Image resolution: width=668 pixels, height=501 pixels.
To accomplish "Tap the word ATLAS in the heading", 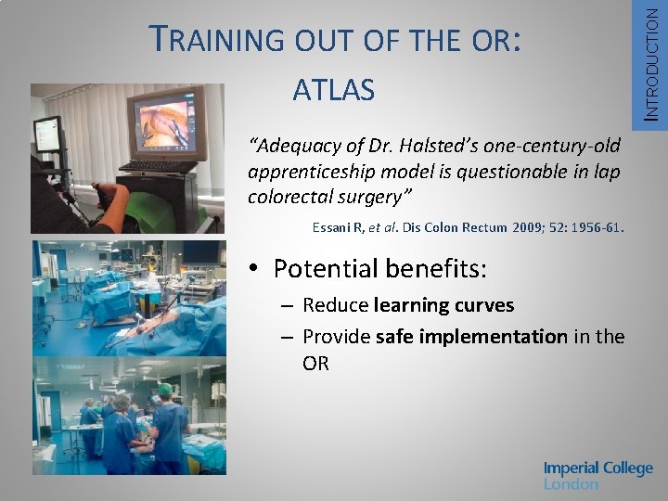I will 333,90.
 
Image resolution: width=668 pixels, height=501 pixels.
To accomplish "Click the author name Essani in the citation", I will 332,225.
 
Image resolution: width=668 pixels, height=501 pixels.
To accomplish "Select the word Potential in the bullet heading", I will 325,269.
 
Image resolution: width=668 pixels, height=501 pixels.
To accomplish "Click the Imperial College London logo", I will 597,475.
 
